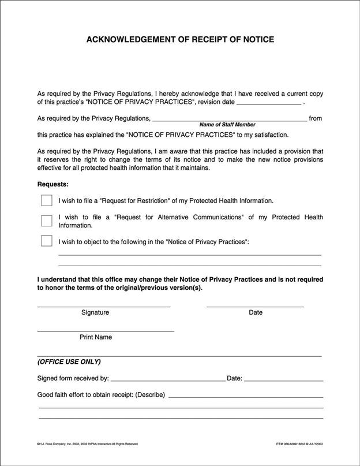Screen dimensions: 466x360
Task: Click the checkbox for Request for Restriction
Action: (x=47, y=200)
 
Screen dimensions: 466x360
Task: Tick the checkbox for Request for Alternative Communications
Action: (x=47, y=221)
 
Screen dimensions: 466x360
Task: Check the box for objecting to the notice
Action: (x=47, y=241)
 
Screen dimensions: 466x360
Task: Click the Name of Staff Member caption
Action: (x=227, y=125)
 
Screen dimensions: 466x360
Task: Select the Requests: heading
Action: (x=53, y=185)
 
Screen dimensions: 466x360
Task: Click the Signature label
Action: (x=95, y=312)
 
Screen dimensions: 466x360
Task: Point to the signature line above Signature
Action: (x=104, y=305)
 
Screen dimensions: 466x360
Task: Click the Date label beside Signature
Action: (x=256, y=312)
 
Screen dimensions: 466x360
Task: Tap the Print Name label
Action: (x=96, y=337)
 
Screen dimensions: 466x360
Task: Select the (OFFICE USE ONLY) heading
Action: (x=69, y=362)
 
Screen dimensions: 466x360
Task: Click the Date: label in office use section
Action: (x=235, y=379)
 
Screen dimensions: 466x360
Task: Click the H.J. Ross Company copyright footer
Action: (x=87, y=444)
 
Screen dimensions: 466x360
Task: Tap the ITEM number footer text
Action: (x=299, y=444)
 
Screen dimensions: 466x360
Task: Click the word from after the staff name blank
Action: (x=316, y=118)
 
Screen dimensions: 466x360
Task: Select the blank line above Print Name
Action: (x=106, y=331)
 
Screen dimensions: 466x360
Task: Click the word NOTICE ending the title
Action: (x=258, y=40)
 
